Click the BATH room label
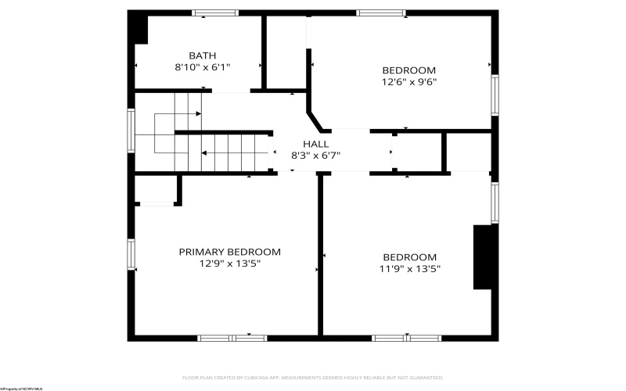pos(202,56)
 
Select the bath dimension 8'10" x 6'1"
pos(202,67)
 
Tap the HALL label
pos(315,144)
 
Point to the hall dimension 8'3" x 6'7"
pos(315,155)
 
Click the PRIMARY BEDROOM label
pos(229,252)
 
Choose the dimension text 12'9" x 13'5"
pos(229,264)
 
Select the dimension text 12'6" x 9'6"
pos(408,81)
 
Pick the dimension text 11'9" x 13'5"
pos(409,269)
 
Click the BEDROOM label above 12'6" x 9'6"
pos(408,70)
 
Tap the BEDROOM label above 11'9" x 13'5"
pos(409,257)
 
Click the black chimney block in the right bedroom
pos(484,257)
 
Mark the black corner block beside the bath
pos(139,27)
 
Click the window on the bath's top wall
pos(215,13)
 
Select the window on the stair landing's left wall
pos(131,129)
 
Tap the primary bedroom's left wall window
pos(131,253)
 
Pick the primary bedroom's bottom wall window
pos(232,338)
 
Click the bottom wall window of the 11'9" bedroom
pos(407,338)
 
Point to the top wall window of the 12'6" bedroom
pos(381,13)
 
